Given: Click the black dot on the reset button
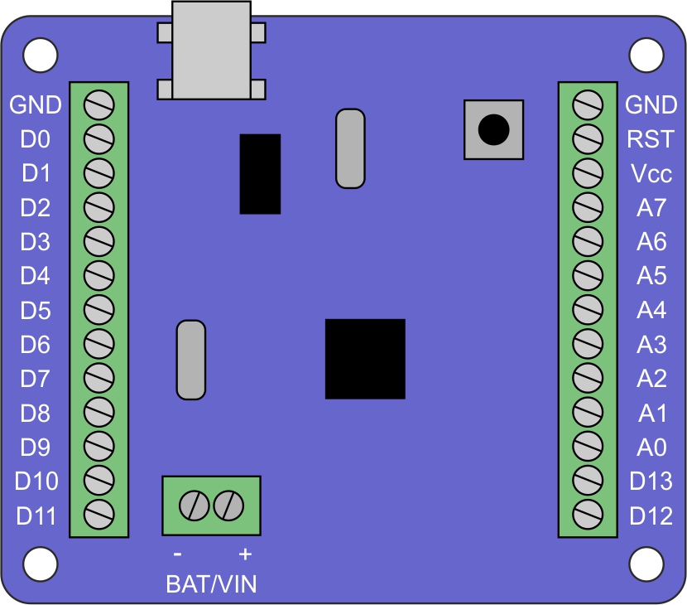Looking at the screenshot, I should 493,129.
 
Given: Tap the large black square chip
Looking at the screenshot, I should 365,359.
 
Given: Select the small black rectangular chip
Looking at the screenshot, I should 260,174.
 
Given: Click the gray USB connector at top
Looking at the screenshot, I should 211,50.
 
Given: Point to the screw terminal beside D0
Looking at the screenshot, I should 98,139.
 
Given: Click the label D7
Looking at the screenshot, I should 36,379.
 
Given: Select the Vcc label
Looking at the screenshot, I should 651,174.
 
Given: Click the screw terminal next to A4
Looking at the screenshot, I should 588,310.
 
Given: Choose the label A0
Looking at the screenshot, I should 651,448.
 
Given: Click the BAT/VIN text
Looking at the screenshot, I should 211,584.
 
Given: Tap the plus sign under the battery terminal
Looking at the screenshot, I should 244,554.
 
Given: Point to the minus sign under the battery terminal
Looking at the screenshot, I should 176,554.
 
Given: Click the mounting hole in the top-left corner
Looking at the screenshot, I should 40,56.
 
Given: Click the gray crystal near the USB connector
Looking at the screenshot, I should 350,148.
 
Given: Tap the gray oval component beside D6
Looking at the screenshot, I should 191,360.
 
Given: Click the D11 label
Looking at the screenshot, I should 36,516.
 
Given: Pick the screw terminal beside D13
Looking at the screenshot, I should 588,482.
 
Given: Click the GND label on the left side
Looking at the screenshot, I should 36,105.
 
